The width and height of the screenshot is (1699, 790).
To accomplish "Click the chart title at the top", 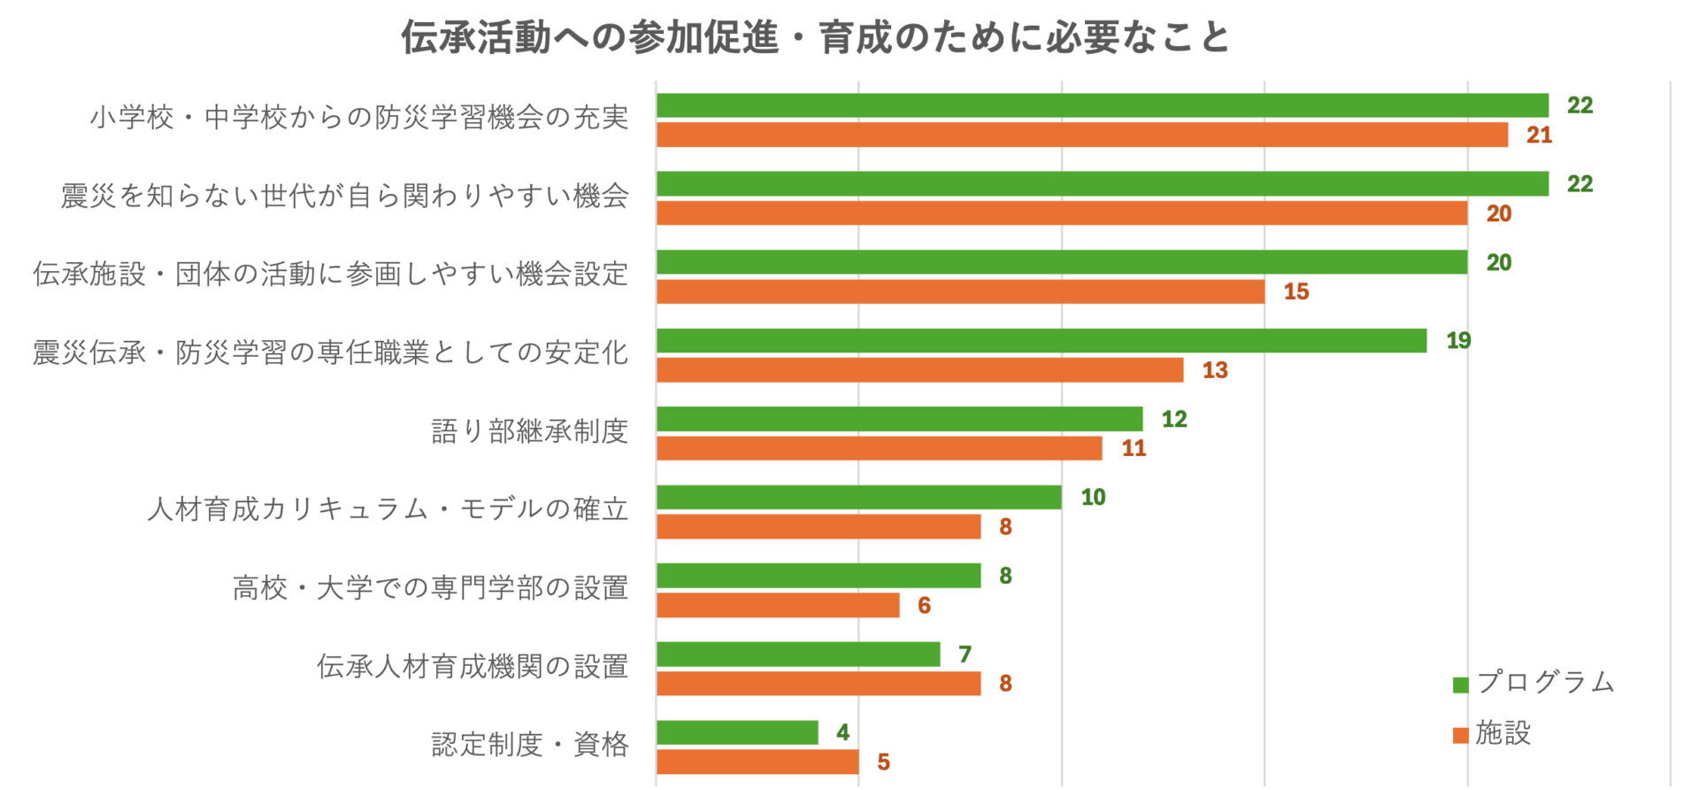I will click(x=815, y=37).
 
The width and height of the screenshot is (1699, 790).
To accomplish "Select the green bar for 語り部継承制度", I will click(x=899, y=419).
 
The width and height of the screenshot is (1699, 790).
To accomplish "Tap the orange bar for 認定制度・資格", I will click(x=757, y=762).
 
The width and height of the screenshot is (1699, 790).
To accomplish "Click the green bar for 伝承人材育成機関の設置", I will click(x=798, y=654).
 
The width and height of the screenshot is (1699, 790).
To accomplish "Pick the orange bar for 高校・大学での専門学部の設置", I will click(x=778, y=606).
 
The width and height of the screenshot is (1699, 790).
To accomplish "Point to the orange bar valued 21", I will click(x=1082, y=135).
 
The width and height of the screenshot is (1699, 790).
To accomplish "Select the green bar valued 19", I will click(x=1042, y=341).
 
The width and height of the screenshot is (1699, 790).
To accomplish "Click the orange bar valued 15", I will click(x=960, y=291).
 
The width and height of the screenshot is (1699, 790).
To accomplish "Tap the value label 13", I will click(x=1215, y=370).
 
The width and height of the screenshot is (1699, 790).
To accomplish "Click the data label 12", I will click(x=1174, y=419).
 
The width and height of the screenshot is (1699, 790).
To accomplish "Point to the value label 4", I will click(x=842, y=732).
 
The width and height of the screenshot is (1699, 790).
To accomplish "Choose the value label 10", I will click(x=1093, y=497).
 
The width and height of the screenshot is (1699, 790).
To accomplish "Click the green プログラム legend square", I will click(x=1461, y=685).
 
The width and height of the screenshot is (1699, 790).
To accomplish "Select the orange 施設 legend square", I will click(x=1461, y=735).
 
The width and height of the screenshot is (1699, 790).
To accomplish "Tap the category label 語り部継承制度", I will click(x=529, y=431).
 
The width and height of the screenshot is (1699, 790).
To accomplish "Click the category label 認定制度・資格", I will click(x=529, y=744).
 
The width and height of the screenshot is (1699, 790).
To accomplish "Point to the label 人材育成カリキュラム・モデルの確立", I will click(x=388, y=509).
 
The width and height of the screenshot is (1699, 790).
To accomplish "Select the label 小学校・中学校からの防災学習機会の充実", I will click(x=358, y=117).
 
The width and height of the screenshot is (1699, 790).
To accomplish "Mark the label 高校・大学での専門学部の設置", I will click(x=430, y=588).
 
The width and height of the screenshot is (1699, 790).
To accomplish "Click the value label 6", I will click(x=924, y=606).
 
